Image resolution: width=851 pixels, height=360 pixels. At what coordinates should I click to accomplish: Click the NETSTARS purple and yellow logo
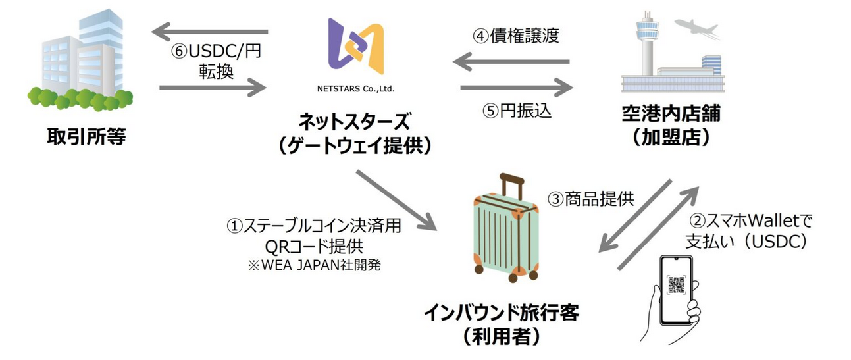click(356, 46)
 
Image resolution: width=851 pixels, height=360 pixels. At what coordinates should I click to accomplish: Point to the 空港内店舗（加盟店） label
click(671, 125)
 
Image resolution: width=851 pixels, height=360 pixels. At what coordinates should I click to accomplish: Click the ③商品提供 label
click(590, 198)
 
